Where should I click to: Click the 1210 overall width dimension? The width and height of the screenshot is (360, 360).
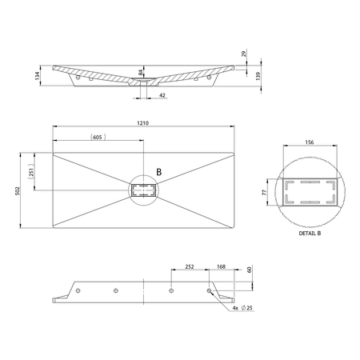pos(143,123)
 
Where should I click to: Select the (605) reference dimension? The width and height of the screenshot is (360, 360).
pos(98,137)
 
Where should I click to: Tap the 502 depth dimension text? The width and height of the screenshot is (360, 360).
pos(18,190)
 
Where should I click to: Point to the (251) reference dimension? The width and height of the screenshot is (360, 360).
pos(31,171)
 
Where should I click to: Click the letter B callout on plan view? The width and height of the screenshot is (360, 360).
pos(159,172)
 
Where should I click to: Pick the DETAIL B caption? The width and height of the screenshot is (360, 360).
pos(310,234)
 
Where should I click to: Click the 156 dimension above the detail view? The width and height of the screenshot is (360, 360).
pos(310,142)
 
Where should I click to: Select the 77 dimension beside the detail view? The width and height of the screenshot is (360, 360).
pos(265,192)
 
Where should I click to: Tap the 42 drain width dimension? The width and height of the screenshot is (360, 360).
pos(162,95)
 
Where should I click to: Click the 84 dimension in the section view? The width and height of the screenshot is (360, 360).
pos(141,72)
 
